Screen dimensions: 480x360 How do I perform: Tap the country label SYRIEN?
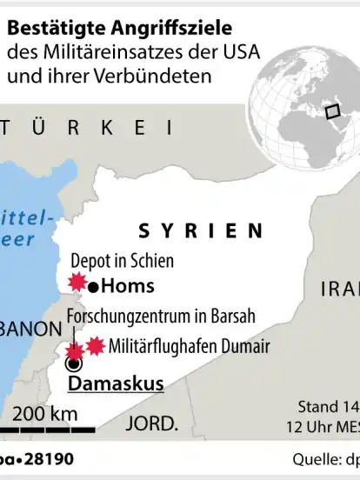pos(201,230)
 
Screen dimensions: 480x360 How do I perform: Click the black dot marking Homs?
pos(96,285)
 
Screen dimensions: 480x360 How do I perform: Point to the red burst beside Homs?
pos(77,282)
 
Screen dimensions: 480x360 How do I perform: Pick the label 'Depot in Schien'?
pos(122,261)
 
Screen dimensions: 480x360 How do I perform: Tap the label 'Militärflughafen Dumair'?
pos(190,346)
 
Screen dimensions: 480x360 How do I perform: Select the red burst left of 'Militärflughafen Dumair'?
pos(95,345)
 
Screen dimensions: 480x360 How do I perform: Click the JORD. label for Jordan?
pos(151,423)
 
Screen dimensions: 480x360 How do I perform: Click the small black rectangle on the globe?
pos(332,111)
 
